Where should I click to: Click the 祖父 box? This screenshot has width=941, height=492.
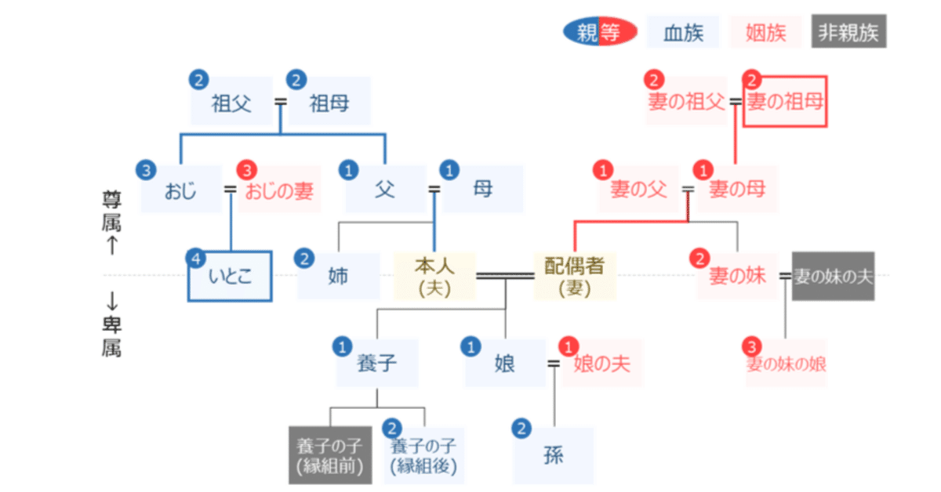231,103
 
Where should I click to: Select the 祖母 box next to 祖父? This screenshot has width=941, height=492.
329,103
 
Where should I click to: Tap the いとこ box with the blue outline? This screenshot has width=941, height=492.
231,277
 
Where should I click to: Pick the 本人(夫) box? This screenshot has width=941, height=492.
435,277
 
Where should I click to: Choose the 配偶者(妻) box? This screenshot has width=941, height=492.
575,277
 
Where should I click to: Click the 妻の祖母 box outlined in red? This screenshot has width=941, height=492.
784,102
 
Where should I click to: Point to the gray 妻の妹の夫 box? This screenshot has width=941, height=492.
833,276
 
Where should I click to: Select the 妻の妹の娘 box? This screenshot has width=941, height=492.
787,364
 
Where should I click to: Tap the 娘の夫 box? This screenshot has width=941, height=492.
602,364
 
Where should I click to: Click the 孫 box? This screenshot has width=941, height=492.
554,455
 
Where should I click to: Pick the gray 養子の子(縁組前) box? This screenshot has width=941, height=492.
329,456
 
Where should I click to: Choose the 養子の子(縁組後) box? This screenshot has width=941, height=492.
424,456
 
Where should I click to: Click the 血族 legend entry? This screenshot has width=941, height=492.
683,32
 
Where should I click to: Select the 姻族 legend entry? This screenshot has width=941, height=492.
765,32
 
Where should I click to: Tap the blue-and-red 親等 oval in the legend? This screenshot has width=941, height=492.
599,32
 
